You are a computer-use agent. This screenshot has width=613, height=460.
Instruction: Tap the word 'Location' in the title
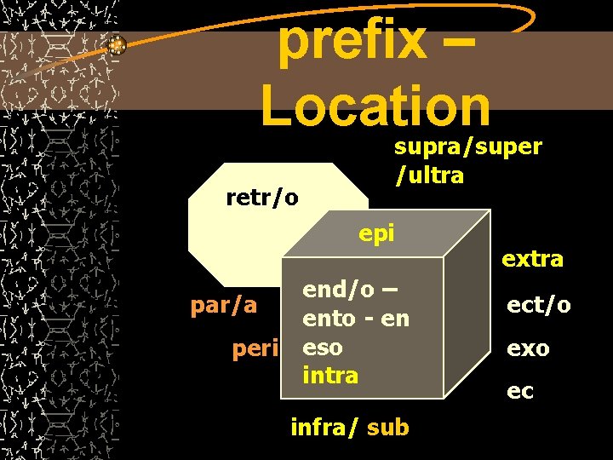(x=375, y=105)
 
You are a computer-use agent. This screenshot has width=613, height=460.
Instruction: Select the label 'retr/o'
(x=262, y=198)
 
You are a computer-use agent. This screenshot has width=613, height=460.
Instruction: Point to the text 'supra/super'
(x=467, y=147)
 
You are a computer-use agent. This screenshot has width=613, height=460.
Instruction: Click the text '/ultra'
(x=429, y=175)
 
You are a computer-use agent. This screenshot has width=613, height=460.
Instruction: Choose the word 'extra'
(x=532, y=259)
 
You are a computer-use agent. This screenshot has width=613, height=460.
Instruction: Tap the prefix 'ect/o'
(x=539, y=305)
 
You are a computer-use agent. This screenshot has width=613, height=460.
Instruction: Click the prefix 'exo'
(x=529, y=348)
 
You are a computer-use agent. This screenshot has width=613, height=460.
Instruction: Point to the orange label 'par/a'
(x=223, y=305)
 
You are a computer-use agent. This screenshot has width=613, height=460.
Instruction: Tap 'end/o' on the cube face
(x=338, y=290)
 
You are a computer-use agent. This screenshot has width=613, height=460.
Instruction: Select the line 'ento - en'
(x=356, y=319)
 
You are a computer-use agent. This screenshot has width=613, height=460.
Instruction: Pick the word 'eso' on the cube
(x=323, y=348)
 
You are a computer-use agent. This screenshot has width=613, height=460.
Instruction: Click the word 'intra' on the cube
(x=330, y=375)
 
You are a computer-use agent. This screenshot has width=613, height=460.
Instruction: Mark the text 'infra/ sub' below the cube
(x=349, y=427)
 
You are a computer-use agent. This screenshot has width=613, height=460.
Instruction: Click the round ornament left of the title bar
(x=117, y=46)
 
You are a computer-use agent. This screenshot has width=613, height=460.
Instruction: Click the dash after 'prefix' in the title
(x=476, y=43)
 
